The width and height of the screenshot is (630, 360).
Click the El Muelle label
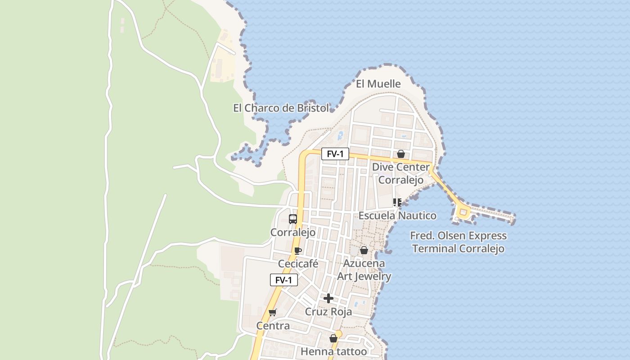tap(378, 84)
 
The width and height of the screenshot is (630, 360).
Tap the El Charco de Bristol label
tap(281, 108)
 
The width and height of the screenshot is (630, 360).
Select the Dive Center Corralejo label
tap(400, 173)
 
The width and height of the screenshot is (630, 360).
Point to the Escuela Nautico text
tap(397, 216)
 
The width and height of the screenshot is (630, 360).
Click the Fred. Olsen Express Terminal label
tap(458, 242)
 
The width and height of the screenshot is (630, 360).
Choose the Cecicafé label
tap(298, 264)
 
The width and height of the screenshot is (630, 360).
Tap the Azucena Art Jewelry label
tap(364, 270)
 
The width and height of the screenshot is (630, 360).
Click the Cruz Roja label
tap(328, 312)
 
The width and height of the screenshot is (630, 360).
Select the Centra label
tap(273, 325)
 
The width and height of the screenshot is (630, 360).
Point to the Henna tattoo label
tap(333, 351)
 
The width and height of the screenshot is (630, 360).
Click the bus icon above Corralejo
tap(293, 219)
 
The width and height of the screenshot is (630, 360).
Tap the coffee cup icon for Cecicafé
tap(297, 251)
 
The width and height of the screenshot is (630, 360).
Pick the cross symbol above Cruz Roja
tap(328, 298)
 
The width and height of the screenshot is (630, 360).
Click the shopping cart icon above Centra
tap(272, 312)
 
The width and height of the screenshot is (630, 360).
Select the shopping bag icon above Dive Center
tap(400, 154)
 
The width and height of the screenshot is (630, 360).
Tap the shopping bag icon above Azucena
tap(364, 250)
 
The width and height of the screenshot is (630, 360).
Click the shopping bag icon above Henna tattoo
tap(333, 338)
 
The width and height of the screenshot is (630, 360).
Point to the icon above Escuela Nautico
tap(397, 202)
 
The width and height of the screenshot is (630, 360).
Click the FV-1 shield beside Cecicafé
tap(283, 280)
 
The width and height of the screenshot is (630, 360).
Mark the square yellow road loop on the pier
tap(463, 211)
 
